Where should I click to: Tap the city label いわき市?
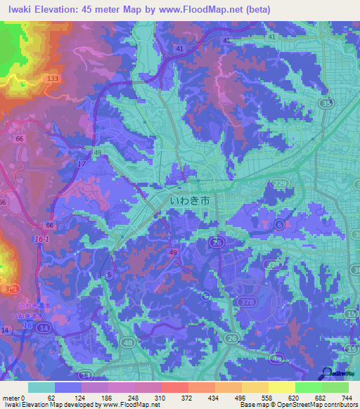pos(190,201)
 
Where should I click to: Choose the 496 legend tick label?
pos(240,398)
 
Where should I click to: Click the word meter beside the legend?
pos(11,398)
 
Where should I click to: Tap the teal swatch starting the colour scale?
pos(41,387)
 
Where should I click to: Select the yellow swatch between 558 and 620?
pos(282,387)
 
